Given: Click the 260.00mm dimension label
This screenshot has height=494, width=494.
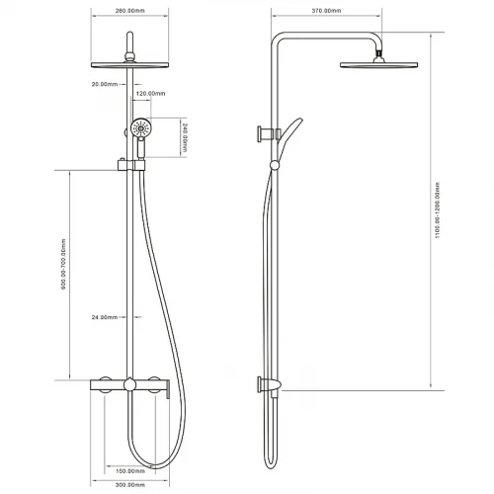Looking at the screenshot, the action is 129,11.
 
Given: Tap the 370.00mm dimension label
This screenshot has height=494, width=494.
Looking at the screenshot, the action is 326,11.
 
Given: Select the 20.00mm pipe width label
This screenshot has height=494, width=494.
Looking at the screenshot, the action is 105,84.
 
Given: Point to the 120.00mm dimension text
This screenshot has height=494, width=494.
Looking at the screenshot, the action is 150,94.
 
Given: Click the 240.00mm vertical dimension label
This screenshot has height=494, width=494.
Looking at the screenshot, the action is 185,137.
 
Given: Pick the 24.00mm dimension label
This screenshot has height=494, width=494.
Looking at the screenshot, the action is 105,317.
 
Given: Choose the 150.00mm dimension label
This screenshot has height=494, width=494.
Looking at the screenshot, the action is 130,471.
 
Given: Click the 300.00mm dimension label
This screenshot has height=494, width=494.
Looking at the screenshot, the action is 130,485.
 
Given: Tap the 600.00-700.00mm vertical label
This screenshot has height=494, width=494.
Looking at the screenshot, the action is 63,264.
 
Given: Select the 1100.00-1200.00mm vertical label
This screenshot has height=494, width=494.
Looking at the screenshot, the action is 438,210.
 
